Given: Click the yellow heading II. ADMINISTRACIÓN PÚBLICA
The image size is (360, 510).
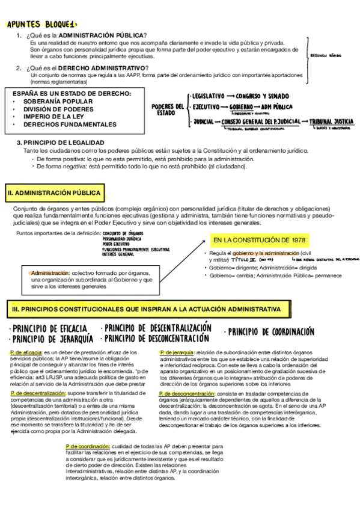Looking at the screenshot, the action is click(54, 193).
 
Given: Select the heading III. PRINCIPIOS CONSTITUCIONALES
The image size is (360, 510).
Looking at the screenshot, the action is click(146, 309).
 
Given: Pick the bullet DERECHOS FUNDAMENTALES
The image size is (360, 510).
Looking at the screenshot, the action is click(70, 124).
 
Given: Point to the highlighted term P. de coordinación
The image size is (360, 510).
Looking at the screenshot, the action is click(88, 446).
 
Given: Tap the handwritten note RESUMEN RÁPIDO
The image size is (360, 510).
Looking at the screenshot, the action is click(326, 54).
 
